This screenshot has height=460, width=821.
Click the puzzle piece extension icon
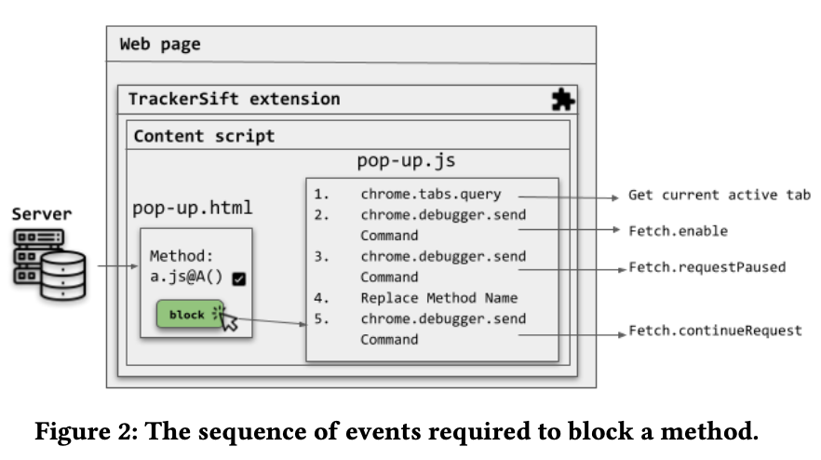[x=563, y=100]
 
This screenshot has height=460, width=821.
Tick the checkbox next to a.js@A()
[x=238, y=277]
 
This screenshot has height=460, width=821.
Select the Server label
[x=41, y=215]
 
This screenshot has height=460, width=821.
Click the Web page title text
[x=160, y=44]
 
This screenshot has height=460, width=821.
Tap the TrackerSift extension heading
[x=234, y=99]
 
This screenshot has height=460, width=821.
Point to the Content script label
[x=204, y=136]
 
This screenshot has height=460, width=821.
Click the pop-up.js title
[x=406, y=161]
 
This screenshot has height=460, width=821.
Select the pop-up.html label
[x=192, y=207]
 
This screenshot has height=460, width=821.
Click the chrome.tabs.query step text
[x=430, y=195]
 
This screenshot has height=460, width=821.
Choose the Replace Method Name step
[x=438, y=298]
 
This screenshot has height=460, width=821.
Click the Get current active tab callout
[x=719, y=196]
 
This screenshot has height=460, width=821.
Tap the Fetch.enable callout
[x=678, y=231]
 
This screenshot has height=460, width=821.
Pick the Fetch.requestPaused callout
[x=707, y=267]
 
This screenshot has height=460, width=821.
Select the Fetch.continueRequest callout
[x=714, y=331]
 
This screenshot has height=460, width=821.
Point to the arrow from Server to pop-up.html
[x=115, y=267]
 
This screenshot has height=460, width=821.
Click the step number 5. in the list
[x=322, y=318]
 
